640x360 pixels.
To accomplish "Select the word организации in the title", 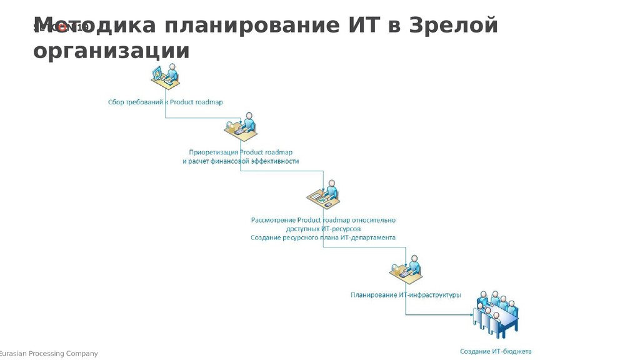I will coord(111,51).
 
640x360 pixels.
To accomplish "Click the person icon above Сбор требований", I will coord(166,77).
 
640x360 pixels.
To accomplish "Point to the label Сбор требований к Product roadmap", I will coord(166,102).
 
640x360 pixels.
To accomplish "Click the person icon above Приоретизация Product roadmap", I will coord(241,127).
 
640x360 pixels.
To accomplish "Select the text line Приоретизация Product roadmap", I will coord(241,152).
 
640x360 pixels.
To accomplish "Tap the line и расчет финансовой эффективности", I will coord(241,161).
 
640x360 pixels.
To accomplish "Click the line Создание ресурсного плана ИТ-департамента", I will coord(323,237).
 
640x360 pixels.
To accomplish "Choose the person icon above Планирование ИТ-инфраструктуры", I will coord(406,269).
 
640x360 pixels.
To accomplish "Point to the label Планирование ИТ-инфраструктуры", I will coord(406,295).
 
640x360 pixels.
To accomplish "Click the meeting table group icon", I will coord(497,314).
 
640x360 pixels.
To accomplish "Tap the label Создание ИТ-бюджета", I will coord(496,351).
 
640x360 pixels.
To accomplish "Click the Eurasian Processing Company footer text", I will coord(49,354).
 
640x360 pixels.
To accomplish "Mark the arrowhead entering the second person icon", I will coord(239,121).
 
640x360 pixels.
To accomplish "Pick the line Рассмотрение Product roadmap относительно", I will coord(323,220).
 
